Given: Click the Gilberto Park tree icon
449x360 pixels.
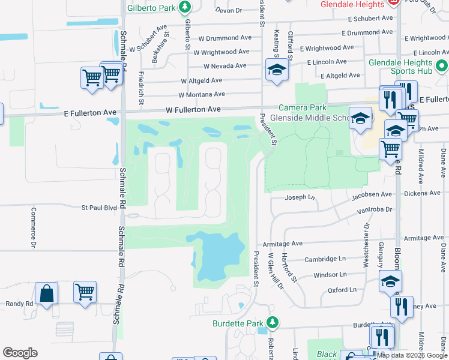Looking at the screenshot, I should (x=185, y=8).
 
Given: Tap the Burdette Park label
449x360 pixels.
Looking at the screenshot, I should (x=238, y=323).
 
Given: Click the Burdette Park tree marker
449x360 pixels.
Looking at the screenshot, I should (x=273, y=323).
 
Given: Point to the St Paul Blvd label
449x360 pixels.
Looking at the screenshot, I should (x=99, y=208).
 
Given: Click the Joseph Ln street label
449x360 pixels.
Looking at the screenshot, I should (x=300, y=197).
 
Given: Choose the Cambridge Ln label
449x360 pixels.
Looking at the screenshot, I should (x=325, y=259).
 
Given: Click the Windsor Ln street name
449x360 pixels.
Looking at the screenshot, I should (x=330, y=274).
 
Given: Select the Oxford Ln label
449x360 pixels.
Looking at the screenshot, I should (x=342, y=290).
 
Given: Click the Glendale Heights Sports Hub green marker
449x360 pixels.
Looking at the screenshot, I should (x=442, y=65).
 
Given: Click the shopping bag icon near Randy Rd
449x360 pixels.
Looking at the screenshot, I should (x=46, y=294).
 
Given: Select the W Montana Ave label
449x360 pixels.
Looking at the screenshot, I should (x=201, y=94).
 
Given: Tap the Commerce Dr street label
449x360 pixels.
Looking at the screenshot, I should (x=34, y=229).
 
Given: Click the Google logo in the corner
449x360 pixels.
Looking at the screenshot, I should (x=20, y=353).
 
